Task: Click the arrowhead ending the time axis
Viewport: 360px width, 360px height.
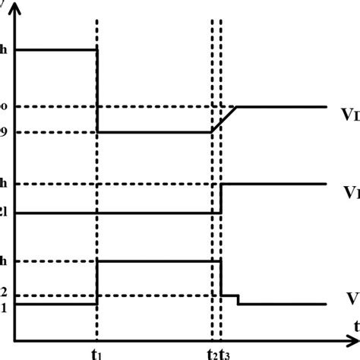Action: pyautogui.click(x=354, y=339)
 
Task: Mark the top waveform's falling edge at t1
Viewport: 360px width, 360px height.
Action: pyautogui.click(x=97, y=91)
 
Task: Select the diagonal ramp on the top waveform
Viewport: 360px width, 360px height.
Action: pyautogui.click(x=224, y=119)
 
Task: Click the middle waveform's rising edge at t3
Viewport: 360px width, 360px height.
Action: pyautogui.click(x=221, y=198)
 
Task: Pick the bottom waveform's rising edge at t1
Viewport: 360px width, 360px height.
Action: pyautogui.click(x=97, y=283)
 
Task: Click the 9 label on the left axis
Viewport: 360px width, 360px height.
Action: pyautogui.click(x=4, y=133)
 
